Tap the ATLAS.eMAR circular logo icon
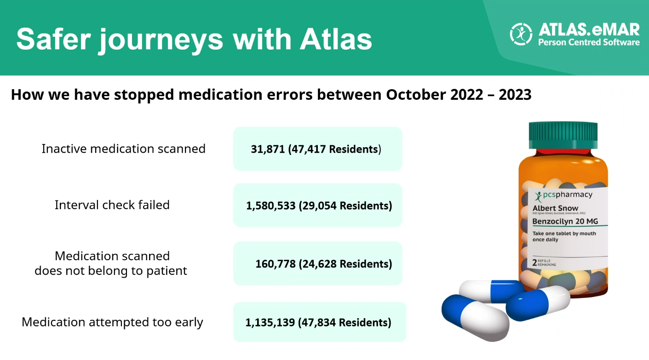tap(521, 34)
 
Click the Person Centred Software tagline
tap(589, 43)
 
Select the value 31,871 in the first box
tap(268, 149)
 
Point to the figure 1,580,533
tap(270, 206)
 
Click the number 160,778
tap(275, 264)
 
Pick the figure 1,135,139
tap(270, 322)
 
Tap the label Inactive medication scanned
tap(123, 149)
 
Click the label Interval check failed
tap(112, 205)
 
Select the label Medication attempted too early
tap(112, 322)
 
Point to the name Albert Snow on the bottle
tap(555, 209)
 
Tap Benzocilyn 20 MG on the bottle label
tap(565, 222)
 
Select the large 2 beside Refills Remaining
tap(534, 262)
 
